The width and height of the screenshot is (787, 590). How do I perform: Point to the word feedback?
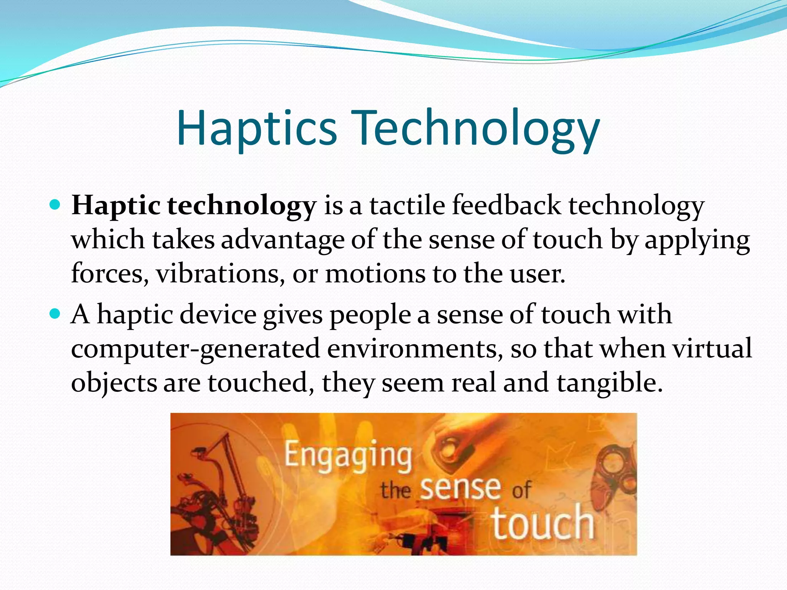tap(506, 205)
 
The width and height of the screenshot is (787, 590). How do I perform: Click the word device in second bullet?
tap(218, 315)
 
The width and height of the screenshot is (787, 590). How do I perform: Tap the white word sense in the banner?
tap(460, 489)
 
